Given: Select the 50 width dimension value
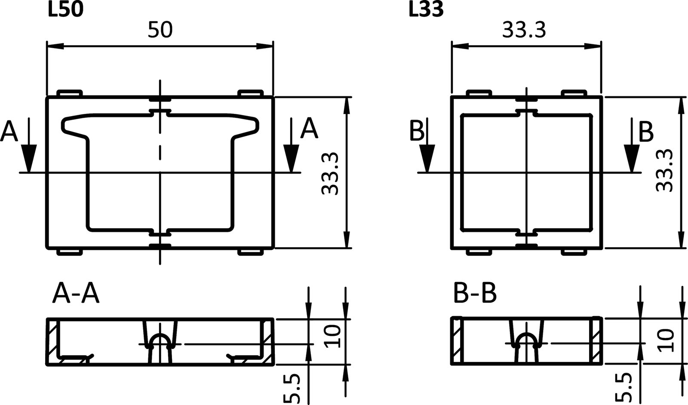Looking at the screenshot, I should click(160, 30).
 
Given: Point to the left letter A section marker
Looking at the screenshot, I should click(9, 131).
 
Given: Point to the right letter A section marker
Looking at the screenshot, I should click(309, 129).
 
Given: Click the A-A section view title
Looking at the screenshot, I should click(76, 294).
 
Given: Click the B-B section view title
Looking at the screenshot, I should click(475, 294).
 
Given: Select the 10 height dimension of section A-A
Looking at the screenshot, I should click(332, 336).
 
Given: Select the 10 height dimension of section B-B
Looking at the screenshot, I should click(665, 340).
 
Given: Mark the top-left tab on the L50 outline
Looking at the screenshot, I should click(69, 93).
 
